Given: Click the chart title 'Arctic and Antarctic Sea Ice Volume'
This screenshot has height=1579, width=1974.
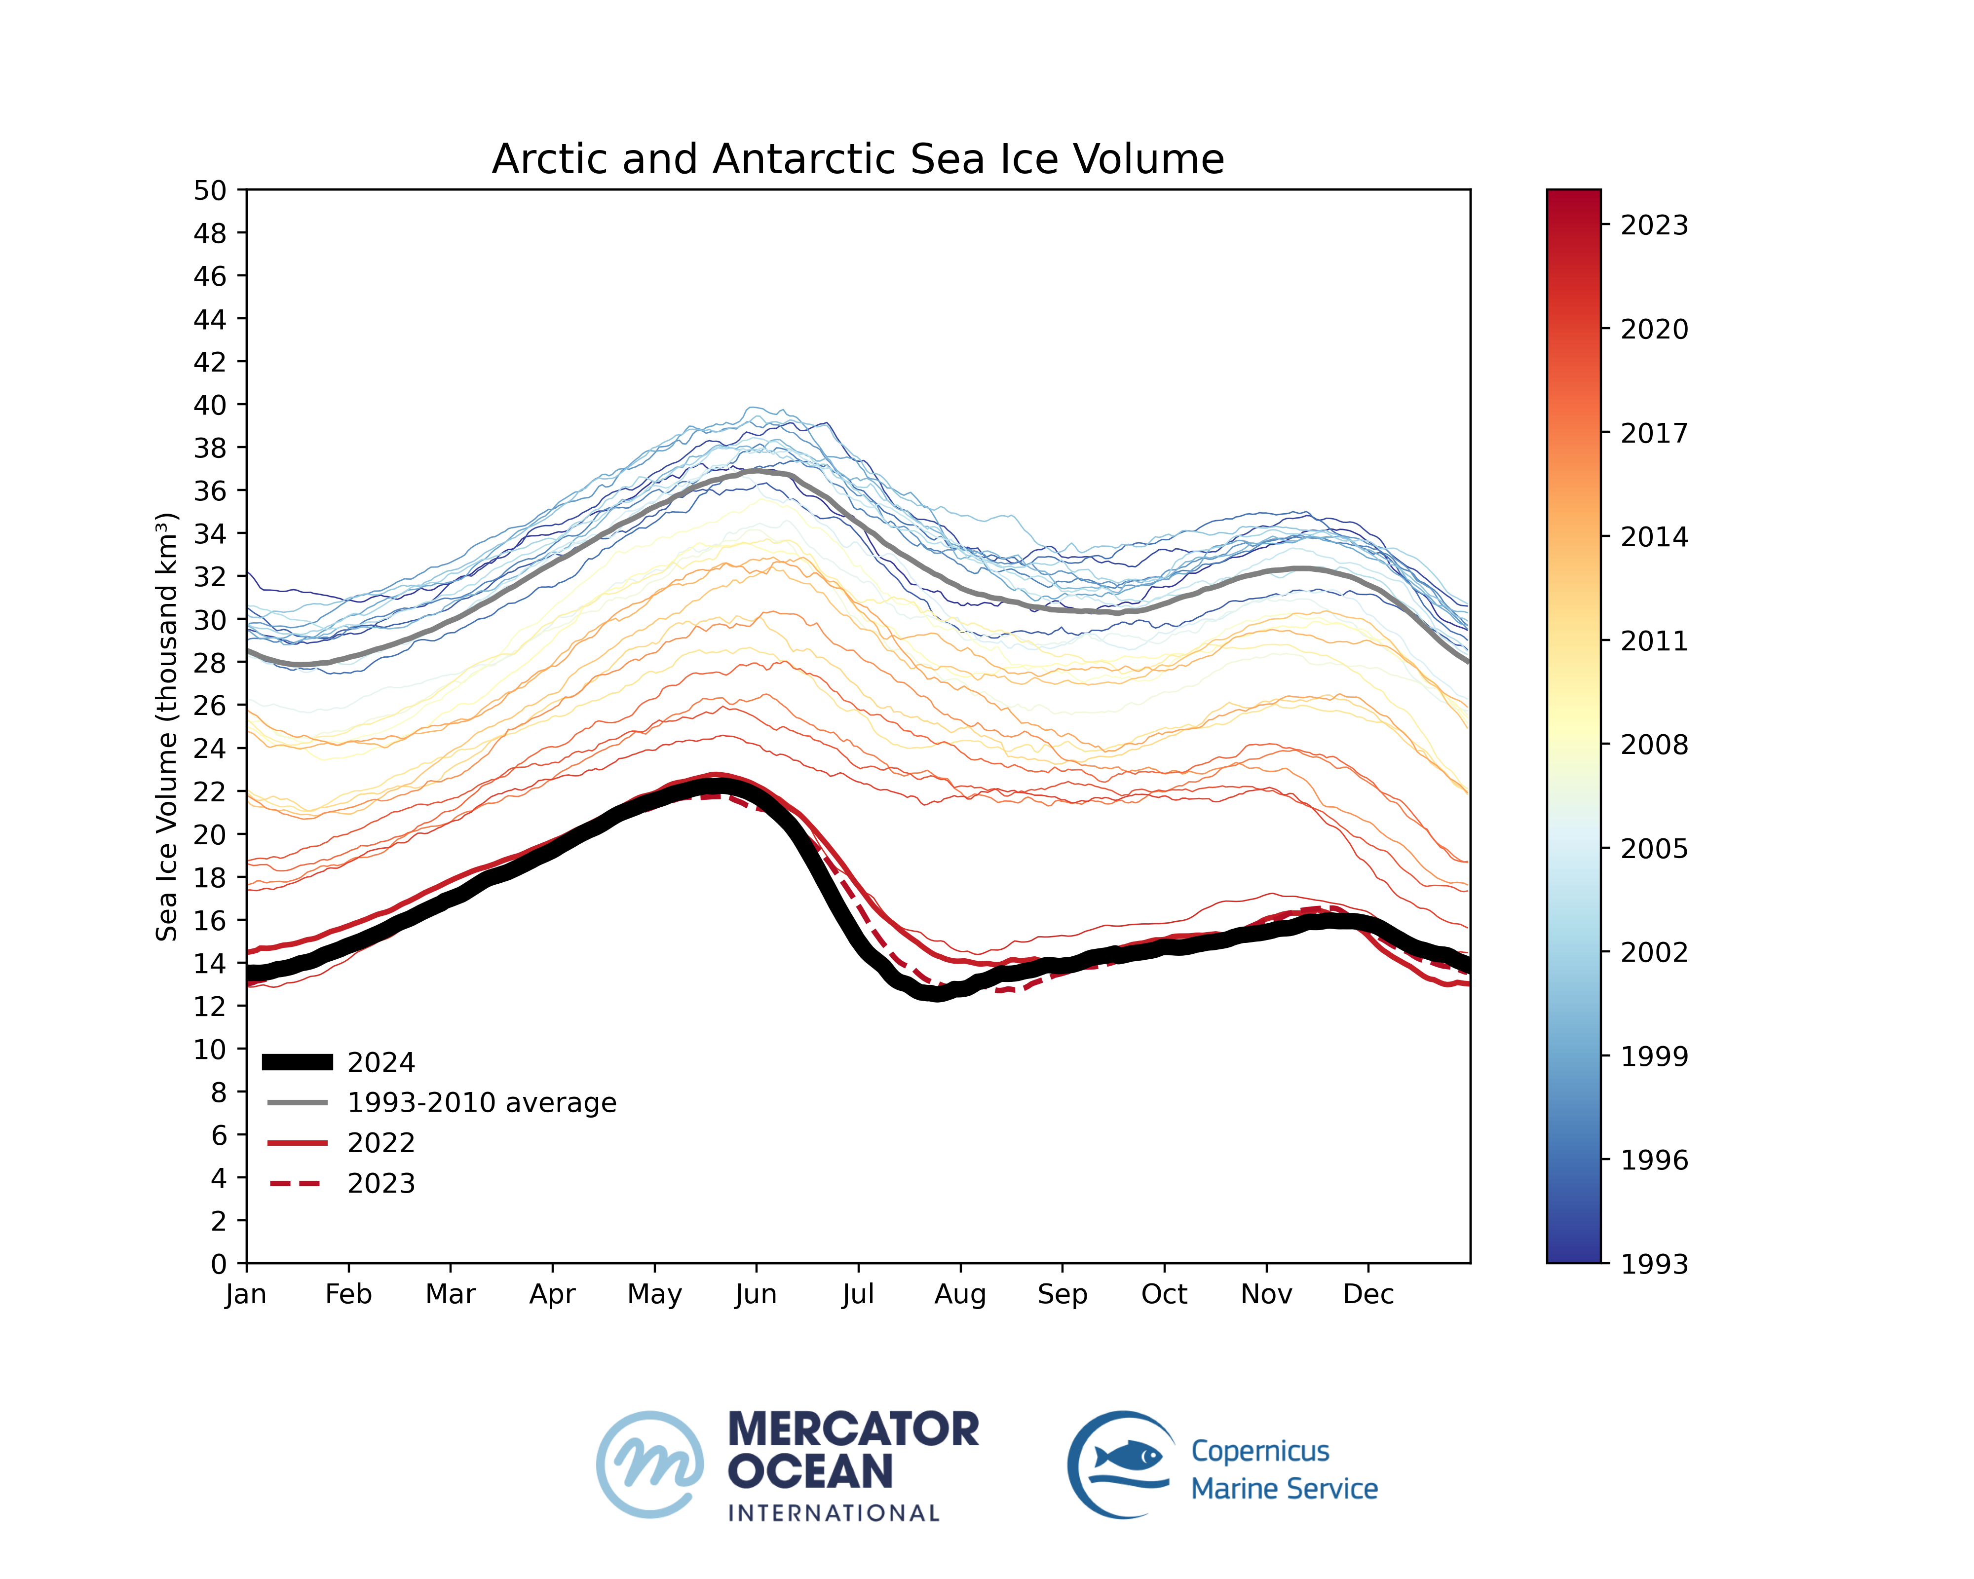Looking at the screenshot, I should point(857,159).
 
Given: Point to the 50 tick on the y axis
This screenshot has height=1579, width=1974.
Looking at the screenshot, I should point(210,190).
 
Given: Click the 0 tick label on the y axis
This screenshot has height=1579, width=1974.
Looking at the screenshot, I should point(218,1264).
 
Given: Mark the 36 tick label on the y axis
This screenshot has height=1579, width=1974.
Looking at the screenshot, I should point(210,490).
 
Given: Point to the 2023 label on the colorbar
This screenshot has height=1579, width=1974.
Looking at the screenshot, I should point(1654,225).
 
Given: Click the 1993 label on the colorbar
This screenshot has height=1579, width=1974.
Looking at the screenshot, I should point(1654,1264).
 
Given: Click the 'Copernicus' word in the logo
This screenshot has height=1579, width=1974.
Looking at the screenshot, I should point(1260,1452).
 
